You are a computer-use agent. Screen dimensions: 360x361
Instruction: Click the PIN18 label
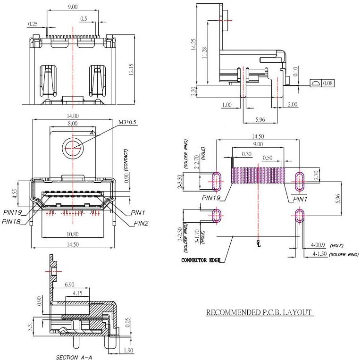12,221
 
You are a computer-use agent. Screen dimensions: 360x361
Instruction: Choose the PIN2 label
141,223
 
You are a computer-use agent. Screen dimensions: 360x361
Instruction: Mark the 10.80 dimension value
73,234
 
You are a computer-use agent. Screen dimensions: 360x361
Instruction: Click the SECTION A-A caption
74,357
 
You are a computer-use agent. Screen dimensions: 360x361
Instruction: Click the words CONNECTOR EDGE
201,260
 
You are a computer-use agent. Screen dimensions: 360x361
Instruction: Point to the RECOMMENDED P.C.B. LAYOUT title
260,312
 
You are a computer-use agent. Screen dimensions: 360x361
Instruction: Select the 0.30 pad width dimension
246,154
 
